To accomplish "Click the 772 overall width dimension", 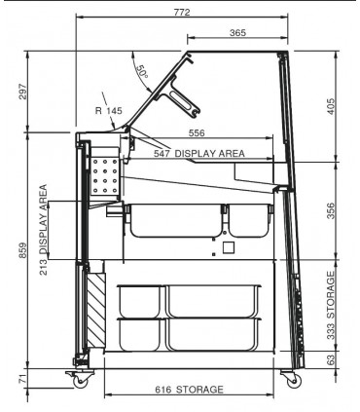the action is (x=182, y=12).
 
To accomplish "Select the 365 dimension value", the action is (x=237, y=33).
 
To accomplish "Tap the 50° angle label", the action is (x=142, y=72).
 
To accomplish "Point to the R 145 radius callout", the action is (x=109, y=111).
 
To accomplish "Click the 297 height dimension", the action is (x=21, y=92).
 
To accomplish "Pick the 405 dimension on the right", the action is (x=330, y=106).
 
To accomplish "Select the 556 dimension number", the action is (x=197, y=133).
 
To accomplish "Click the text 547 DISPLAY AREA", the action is (x=199, y=153).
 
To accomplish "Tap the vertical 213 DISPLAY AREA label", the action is (x=43, y=230).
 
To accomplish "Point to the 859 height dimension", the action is (x=22, y=250).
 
